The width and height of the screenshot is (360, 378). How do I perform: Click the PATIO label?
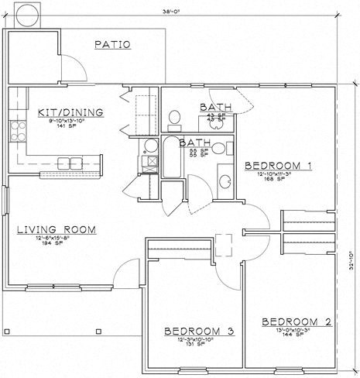pyautogui.click(x=113, y=45)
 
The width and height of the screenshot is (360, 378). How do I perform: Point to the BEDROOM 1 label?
pyautogui.click(x=278, y=166)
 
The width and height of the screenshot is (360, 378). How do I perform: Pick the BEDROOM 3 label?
pyautogui.click(x=199, y=331)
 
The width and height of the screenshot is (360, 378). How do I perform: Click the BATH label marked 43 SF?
pyautogui.click(x=213, y=107)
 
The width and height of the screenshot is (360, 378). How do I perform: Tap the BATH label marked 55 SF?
pyautogui.click(x=193, y=143)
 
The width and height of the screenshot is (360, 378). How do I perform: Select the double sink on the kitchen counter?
pyautogui.click(x=70, y=163)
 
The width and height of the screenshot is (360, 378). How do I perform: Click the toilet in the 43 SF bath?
pyautogui.click(x=175, y=118)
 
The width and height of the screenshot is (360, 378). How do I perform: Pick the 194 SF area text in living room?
pyautogui.click(x=57, y=244)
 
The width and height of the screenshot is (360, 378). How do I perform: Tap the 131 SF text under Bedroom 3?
pyautogui.click(x=199, y=345)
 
